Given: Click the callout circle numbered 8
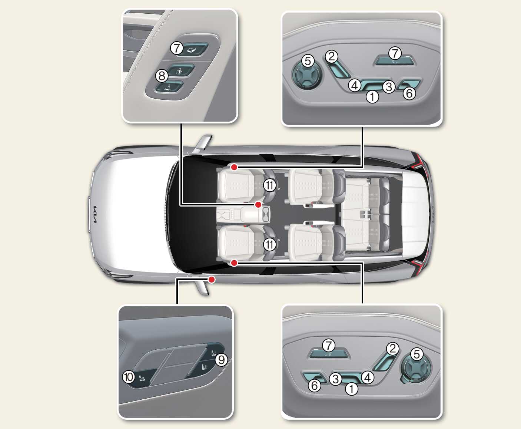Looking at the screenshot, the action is click(162, 76).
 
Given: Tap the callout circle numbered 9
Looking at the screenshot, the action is click(221, 360).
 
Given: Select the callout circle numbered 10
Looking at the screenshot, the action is click(129, 377).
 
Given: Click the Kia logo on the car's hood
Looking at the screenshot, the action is click(94, 214).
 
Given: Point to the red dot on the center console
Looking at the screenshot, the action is click(258, 204).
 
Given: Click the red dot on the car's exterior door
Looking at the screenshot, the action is click(212, 280).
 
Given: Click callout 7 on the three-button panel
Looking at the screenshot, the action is click(177, 48).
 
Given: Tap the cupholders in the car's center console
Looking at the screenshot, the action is click(266, 214).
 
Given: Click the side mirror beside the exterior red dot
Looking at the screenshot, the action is click(203, 286).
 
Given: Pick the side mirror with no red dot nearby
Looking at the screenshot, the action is click(203, 143).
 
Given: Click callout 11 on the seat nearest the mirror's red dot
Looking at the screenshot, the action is click(269, 245).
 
